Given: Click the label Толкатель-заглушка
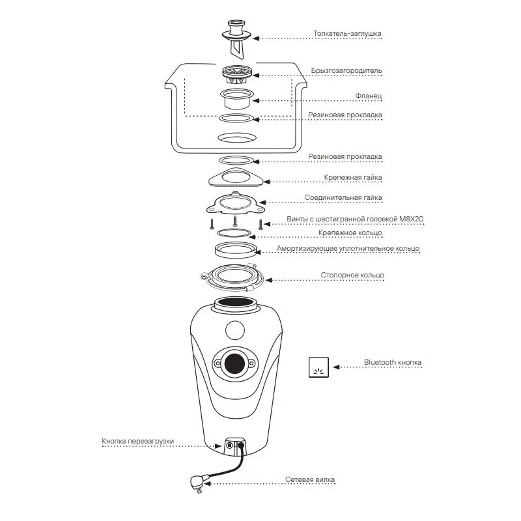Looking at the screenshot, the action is (347, 33).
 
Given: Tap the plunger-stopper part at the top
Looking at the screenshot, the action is (236, 39).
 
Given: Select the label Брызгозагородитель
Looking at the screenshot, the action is (346, 71).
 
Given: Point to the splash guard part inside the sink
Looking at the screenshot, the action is (236, 74).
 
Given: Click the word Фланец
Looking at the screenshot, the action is (369, 96).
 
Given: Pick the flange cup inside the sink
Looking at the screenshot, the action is (236, 98).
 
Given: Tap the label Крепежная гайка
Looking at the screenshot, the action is (353, 177).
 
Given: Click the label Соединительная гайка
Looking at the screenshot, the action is (343, 197).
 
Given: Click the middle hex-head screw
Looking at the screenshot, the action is (235, 221).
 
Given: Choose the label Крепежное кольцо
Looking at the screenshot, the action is (350, 232).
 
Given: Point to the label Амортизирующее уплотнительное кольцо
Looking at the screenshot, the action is (348, 249).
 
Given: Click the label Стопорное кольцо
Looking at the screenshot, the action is (352, 275).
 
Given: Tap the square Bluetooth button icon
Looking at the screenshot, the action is (318, 367).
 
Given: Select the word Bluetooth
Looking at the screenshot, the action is (380, 362).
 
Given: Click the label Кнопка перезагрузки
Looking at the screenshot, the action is (138, 442).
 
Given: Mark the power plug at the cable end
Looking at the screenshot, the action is (197, 483).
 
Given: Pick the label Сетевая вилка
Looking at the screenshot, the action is (310, 480).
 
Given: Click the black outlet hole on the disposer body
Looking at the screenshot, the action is (234, 363).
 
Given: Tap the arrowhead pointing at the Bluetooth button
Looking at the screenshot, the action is (336, 367).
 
